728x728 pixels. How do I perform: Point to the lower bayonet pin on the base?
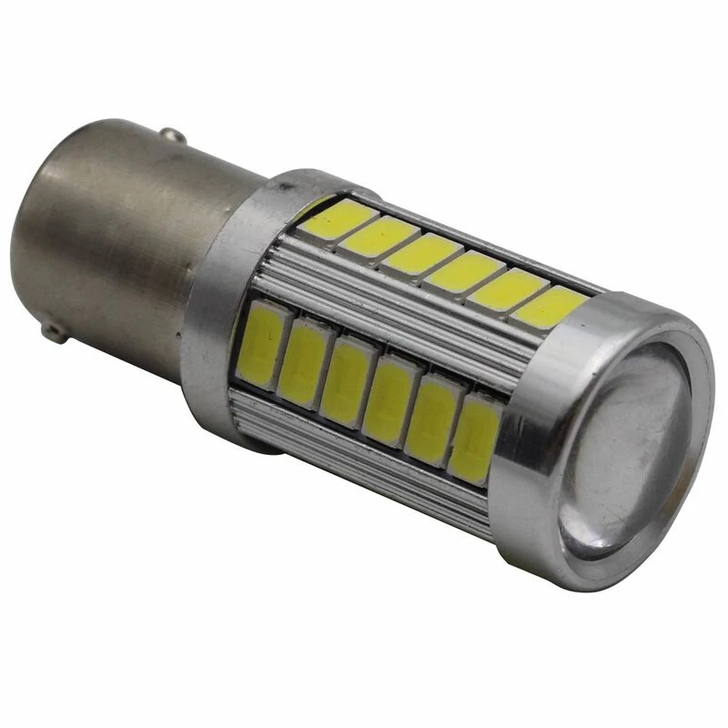[x=56, y=331]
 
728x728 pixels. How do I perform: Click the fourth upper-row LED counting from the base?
[x=464, y=269]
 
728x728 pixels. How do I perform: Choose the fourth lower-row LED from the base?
[x=389, y=398]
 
